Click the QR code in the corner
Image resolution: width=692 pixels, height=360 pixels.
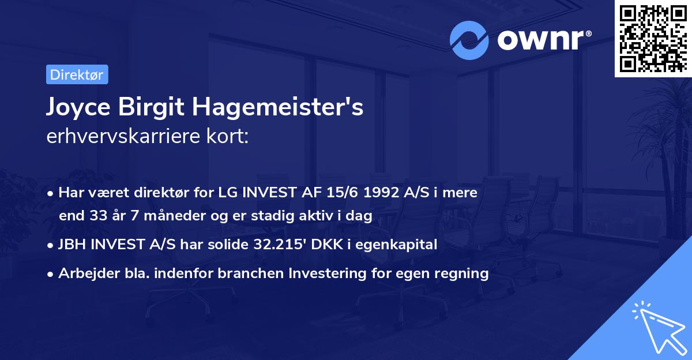(652, 37)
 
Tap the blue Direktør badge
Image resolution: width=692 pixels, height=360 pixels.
(77, 74)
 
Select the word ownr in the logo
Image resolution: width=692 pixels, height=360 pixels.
(542, 41)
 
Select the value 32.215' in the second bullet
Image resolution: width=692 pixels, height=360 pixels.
(278, 245)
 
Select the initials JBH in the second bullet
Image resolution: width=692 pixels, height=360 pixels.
(72, 245)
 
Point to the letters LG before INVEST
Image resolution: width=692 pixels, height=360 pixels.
(224, 193)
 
